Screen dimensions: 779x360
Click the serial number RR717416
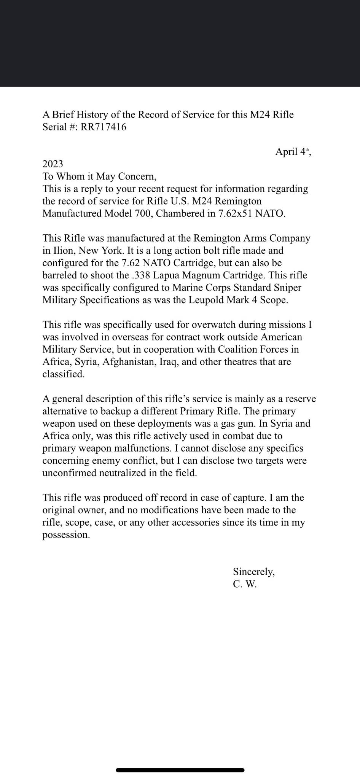point(104,127)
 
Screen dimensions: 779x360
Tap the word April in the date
point(287,152)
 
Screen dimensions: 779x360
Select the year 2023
point(53,164)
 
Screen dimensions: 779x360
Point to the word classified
point(63,374)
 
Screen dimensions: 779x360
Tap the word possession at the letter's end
point(66,535)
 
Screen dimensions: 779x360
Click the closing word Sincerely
point(254,572)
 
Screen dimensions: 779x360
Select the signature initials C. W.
point(245,584)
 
